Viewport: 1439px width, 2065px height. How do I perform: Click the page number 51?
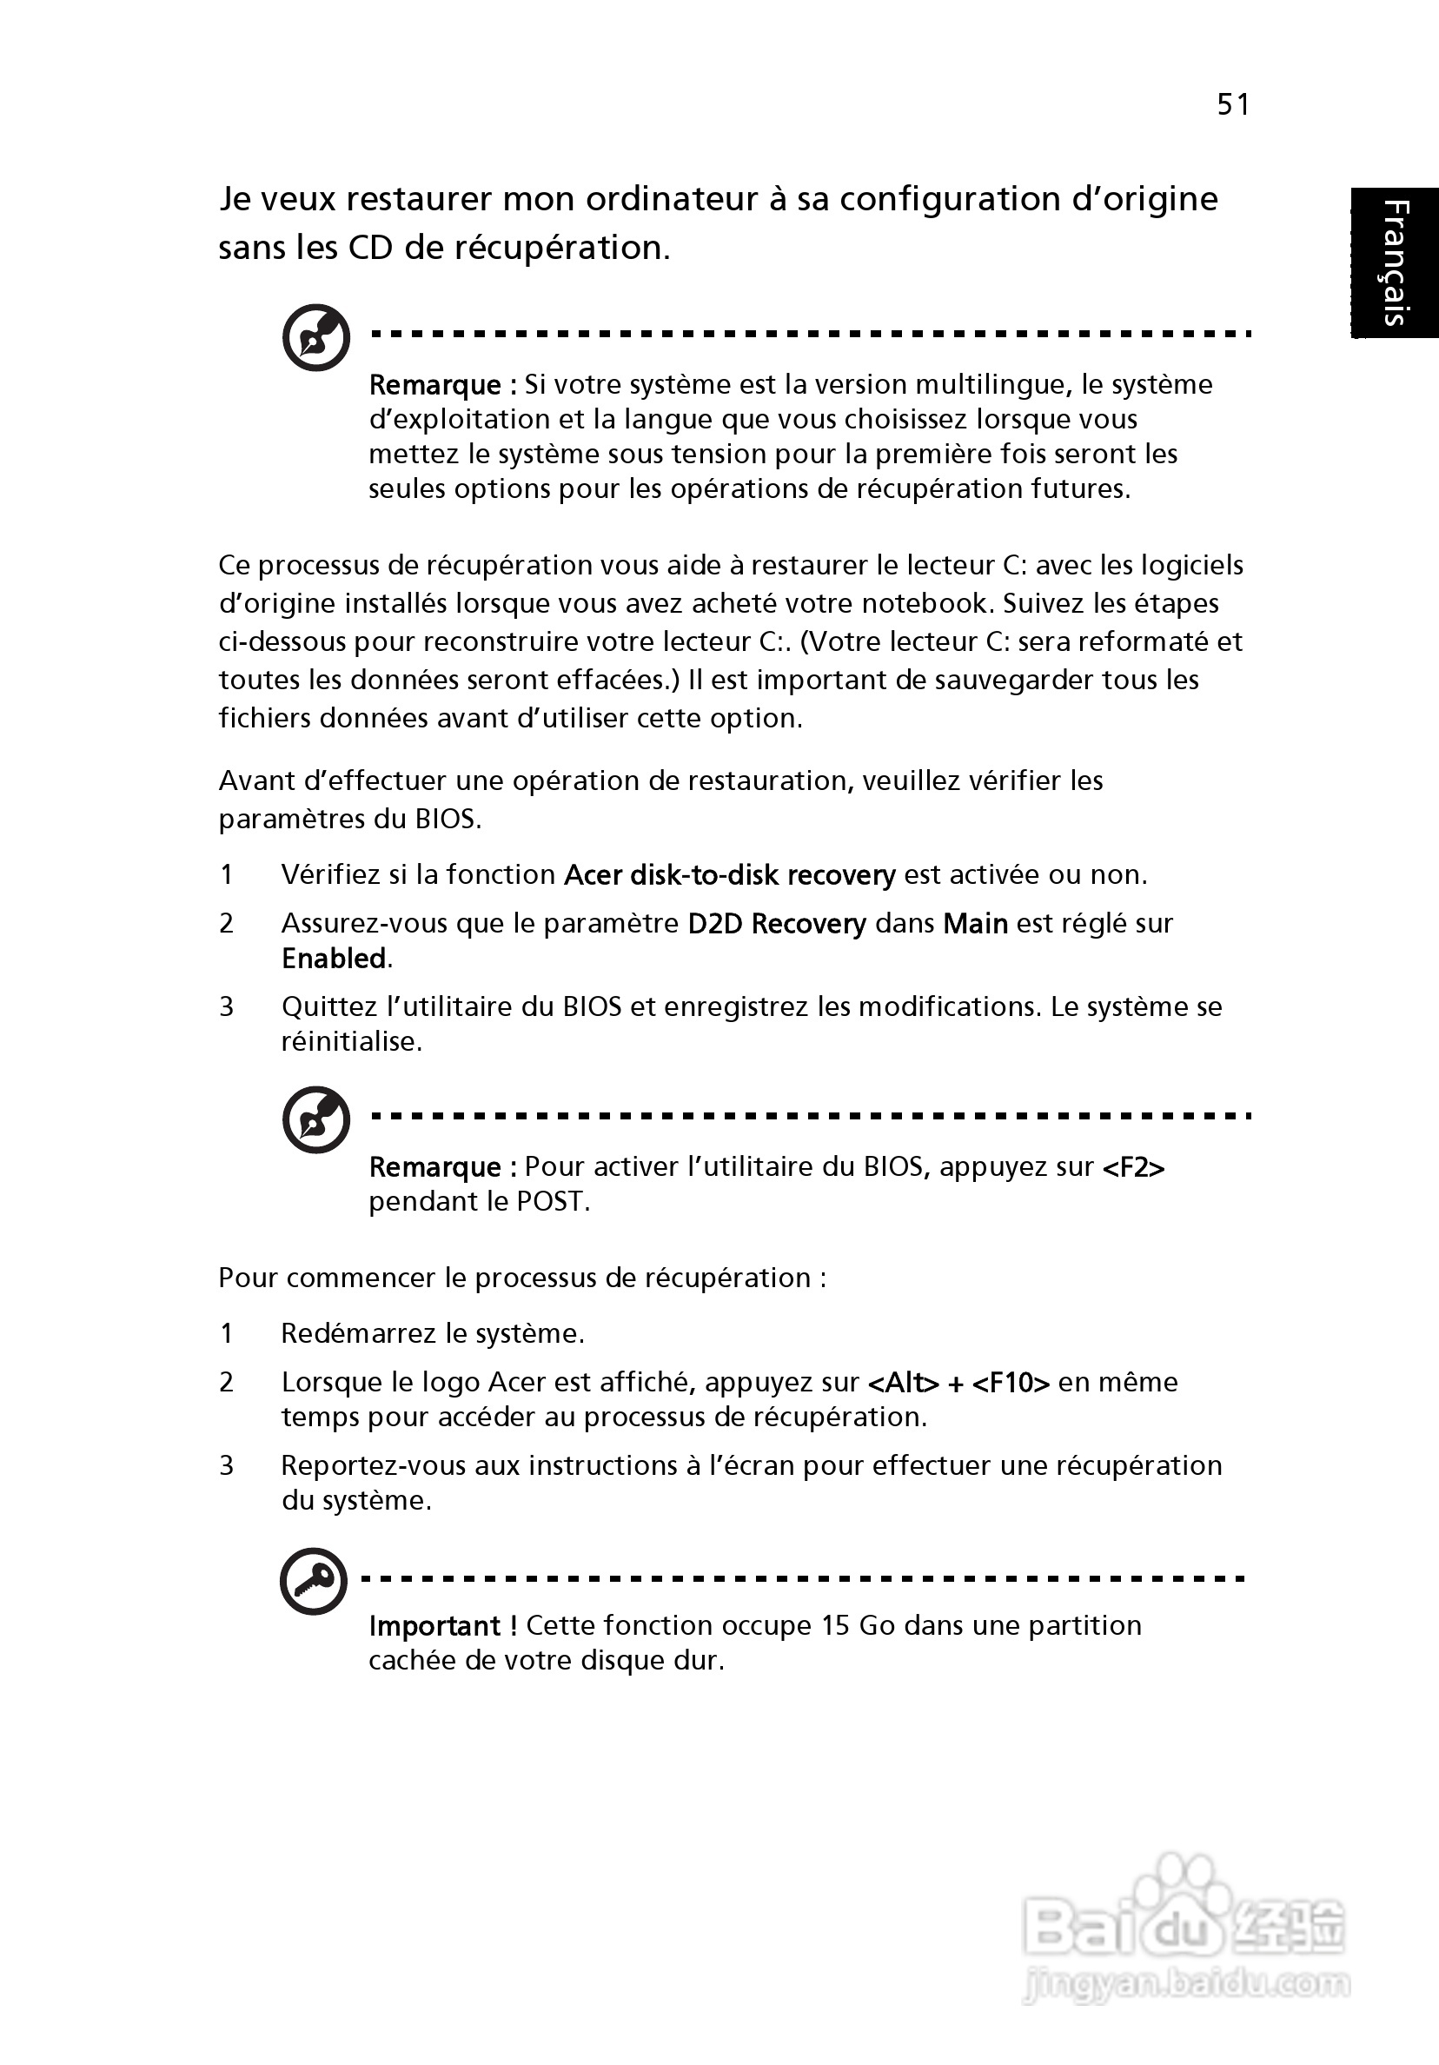tap(1233, 105)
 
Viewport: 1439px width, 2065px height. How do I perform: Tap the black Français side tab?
tap(1394, 262)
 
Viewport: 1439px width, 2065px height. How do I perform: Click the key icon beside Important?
tap(314, 1580)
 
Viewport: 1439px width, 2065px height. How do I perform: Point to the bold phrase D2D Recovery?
tap(776, 924)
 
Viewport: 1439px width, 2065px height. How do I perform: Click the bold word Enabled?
tap(334, 959)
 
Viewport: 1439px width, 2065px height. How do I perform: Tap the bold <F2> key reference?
tap(1133, 1167)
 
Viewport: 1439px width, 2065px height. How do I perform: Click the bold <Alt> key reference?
tap(903, 1383)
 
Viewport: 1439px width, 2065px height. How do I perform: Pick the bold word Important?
tap(442, 1626)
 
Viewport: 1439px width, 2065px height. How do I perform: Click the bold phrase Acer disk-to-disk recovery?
tap(729, 875)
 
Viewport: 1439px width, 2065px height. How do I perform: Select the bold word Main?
tap(975, 924)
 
